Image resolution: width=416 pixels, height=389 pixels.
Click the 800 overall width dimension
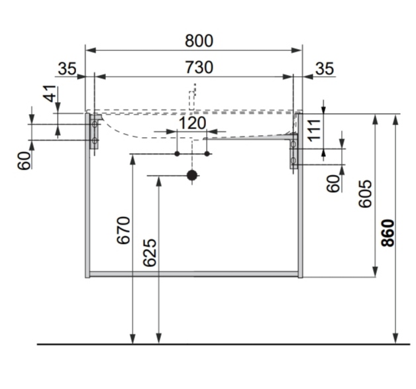199,40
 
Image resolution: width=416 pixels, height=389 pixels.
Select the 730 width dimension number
199,67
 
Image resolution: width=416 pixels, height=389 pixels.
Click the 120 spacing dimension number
192,123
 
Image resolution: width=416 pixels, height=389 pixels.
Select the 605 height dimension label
365,193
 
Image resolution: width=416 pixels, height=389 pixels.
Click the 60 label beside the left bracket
25,161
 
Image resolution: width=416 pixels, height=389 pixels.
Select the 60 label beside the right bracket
334,182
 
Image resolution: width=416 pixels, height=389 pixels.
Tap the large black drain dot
192,176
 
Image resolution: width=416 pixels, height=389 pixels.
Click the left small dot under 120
177,154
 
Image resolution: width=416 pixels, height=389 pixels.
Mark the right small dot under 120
207,154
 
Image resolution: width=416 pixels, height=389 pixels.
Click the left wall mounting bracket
95,133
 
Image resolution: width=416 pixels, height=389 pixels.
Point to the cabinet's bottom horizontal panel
194,273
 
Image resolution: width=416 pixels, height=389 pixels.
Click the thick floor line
219,345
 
